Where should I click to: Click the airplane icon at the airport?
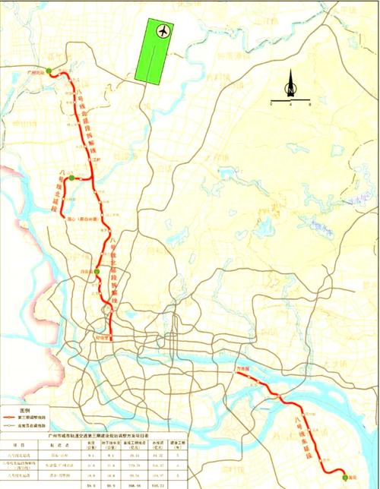click(x=163, y=31)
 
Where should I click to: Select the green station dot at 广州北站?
click(x=49, y=71)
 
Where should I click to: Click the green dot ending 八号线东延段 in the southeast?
click(x=344, y=476)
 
